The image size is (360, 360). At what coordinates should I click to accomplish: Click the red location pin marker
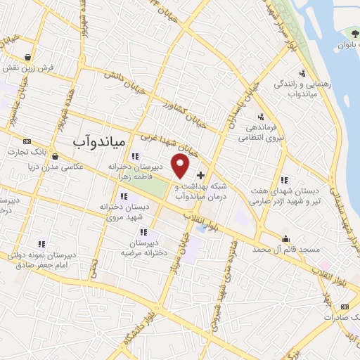point(181,165)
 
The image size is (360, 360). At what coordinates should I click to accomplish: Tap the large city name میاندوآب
point(98,142)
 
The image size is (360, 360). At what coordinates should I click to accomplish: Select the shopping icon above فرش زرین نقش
point(27,57)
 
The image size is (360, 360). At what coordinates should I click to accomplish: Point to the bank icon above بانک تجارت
point(27,141)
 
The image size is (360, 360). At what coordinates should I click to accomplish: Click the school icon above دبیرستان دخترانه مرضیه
point(143,231)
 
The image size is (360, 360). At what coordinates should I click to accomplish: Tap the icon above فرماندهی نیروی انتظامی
point(261,117)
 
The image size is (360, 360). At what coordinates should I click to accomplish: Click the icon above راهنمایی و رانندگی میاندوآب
point(302,72)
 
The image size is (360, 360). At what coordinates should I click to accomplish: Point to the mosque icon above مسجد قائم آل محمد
point(285,238)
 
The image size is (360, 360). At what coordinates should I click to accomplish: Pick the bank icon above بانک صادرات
point(345,307)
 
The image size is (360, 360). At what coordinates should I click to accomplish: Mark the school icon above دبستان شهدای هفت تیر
point(283,179)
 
